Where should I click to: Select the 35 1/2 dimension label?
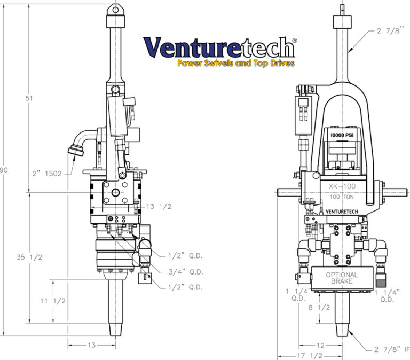[30, 257]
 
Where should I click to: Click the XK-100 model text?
[341, 186]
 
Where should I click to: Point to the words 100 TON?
[341, 197]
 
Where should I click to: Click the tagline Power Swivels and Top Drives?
[235, 64]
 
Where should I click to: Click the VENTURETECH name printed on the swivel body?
[341, 212]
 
